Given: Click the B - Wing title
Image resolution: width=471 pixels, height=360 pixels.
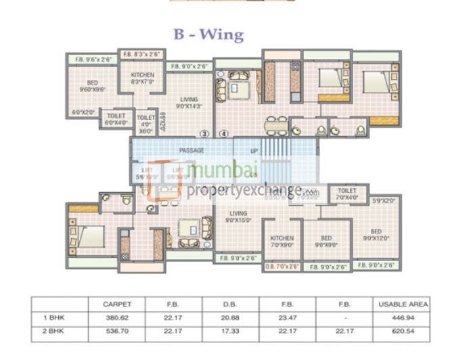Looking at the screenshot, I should (208, 35).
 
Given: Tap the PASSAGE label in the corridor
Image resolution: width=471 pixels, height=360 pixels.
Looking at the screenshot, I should (192, 150).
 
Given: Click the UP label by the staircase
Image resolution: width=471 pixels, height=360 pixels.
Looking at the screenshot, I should (254, 150).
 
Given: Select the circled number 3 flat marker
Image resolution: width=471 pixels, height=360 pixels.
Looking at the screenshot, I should (204, 133).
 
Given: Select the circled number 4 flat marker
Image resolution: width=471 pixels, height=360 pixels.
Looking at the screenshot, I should (224, 133).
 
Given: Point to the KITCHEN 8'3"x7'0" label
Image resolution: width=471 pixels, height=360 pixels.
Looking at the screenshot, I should (143, 78).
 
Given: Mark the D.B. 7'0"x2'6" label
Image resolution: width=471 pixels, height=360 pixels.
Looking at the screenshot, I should (281, 267).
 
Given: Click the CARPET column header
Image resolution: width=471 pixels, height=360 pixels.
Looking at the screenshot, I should (116, 305).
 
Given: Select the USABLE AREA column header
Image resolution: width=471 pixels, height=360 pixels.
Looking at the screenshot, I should (401, 305).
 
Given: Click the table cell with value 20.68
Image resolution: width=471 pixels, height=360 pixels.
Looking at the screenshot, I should (230, 316).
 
